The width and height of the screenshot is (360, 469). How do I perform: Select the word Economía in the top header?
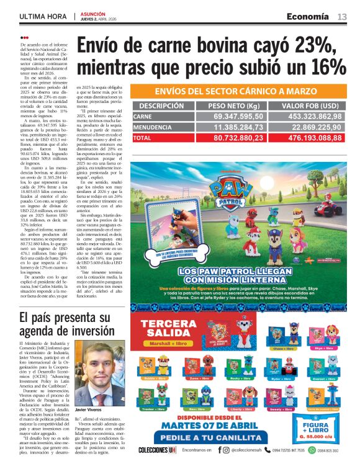click(308, 17)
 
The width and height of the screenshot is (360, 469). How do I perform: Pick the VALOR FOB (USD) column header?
click(309, 105)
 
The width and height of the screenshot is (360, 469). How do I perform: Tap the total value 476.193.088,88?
click(309, 137)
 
